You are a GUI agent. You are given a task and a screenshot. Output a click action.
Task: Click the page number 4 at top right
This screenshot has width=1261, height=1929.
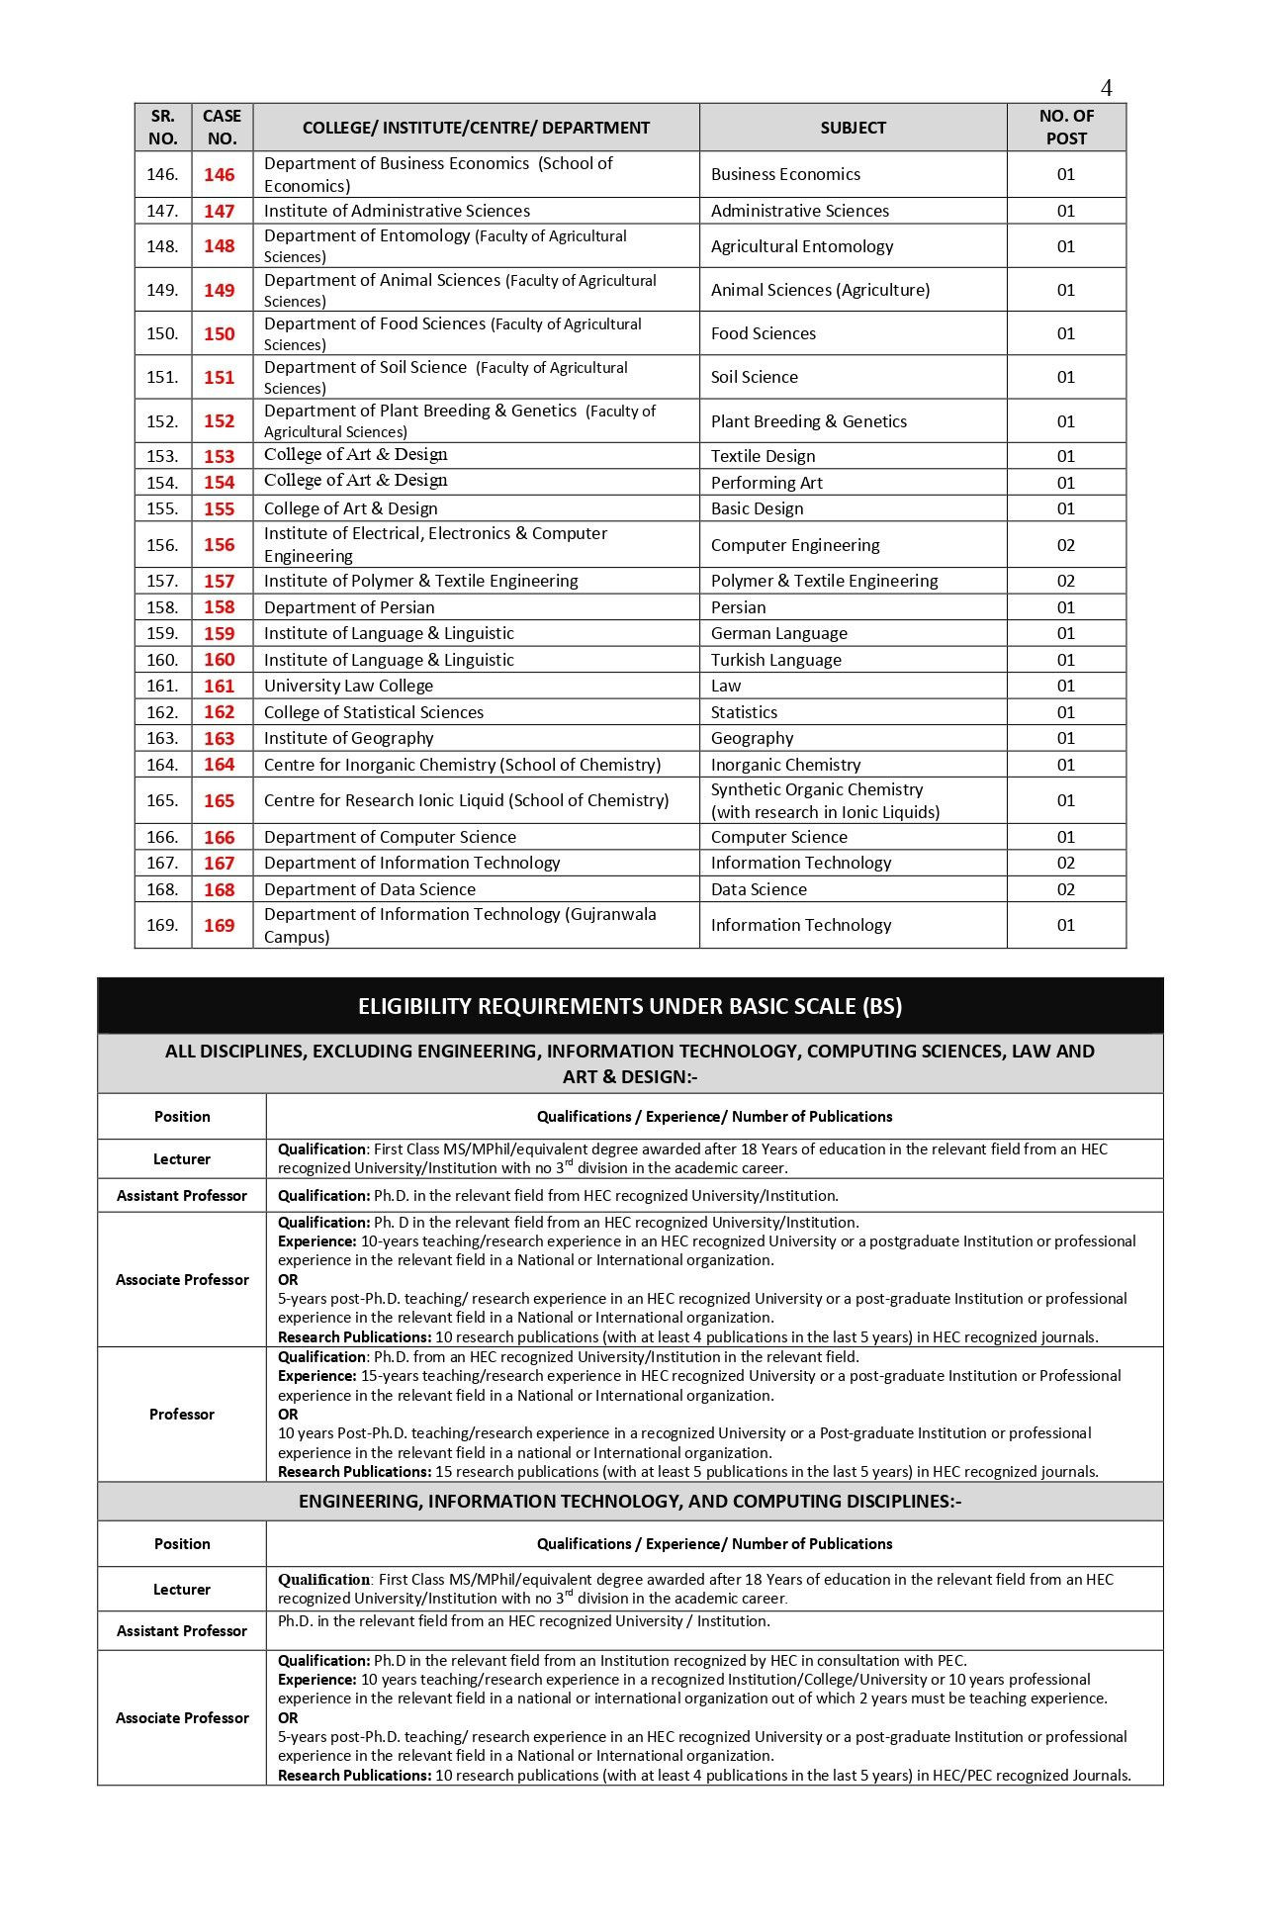(x=1106, y=88)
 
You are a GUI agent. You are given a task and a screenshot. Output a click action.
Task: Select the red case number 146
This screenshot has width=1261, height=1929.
(x=220, y=174)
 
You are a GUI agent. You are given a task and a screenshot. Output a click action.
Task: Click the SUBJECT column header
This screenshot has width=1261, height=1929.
(x=853, y=128)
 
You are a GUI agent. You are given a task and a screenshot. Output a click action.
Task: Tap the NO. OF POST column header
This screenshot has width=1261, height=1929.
(x=1066, y=128)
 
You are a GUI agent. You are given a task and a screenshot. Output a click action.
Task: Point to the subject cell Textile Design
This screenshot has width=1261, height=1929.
(x=763, y=456)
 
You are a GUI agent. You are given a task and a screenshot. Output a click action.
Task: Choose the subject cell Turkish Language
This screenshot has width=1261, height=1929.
(x=775, y=660)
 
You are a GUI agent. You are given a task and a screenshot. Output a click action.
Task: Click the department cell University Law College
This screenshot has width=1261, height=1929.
(x=348, y=686)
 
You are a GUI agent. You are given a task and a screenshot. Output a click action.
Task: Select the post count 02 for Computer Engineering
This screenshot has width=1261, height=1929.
(x=1065, y=545)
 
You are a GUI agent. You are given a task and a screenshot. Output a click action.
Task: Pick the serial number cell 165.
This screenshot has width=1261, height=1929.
(x=162, y=800)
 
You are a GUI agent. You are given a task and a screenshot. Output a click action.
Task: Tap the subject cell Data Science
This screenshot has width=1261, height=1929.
(x=759, y=889)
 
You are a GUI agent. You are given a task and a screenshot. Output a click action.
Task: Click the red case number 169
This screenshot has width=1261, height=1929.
(x=220, y=925)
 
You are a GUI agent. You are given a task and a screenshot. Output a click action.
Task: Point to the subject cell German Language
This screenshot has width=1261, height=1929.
(x=778, y=633)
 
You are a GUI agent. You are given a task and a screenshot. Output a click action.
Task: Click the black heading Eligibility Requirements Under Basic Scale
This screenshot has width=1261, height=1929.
(x=630, y=1006)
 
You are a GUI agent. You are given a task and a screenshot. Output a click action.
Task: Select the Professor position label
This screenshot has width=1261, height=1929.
(x=182, y=1414)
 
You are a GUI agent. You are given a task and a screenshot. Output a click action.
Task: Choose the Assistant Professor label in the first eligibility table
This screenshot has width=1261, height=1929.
(x=182, y=1195)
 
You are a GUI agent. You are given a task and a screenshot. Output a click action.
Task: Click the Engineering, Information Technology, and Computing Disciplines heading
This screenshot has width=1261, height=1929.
(x=630, y=1501)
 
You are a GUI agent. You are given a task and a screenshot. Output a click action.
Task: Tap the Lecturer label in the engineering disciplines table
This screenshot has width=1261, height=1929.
(x=182, y=1589)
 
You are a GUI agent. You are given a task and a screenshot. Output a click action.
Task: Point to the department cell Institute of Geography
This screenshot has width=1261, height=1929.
(x=348, y=738)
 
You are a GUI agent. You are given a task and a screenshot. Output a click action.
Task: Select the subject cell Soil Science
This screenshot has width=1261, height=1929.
(x=754, y=377)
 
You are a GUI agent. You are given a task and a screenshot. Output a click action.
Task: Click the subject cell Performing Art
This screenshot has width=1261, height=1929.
(x=766, y=483)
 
